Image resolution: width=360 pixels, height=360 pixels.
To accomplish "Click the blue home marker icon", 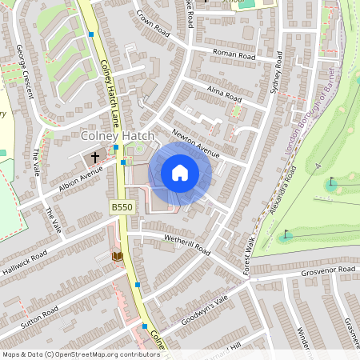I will point(180,173).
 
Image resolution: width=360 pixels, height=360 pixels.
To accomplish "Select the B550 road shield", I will point(121,207).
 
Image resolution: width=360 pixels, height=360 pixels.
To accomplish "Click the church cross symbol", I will point(96,158).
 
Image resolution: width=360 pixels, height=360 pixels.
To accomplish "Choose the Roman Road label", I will point(234,55).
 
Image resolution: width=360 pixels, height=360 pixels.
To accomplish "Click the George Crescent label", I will point(24,71).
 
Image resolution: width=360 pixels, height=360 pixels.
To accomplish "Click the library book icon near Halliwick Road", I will point(116,256).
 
